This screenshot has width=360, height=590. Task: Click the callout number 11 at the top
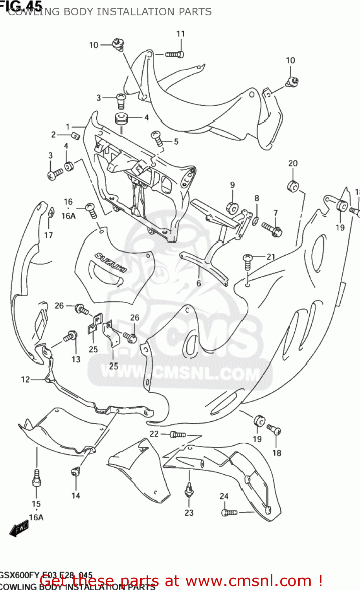(180, 34)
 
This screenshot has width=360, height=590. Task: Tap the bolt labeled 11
(174, 54)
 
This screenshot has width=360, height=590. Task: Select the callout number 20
(293, 163)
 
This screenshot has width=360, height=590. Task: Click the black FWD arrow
(18, 529)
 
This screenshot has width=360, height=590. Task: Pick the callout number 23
(189, 513)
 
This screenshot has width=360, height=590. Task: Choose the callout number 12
(25, 380)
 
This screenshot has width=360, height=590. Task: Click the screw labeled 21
(248, 261)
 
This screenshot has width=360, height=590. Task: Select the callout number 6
(199, 283)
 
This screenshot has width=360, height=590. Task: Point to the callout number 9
(232, 185)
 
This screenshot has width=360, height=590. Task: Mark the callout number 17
(48, 235)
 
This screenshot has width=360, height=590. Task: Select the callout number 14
(75, 496)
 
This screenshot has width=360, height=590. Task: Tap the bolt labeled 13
(70, 337)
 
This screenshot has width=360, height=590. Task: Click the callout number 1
(68, 127)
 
